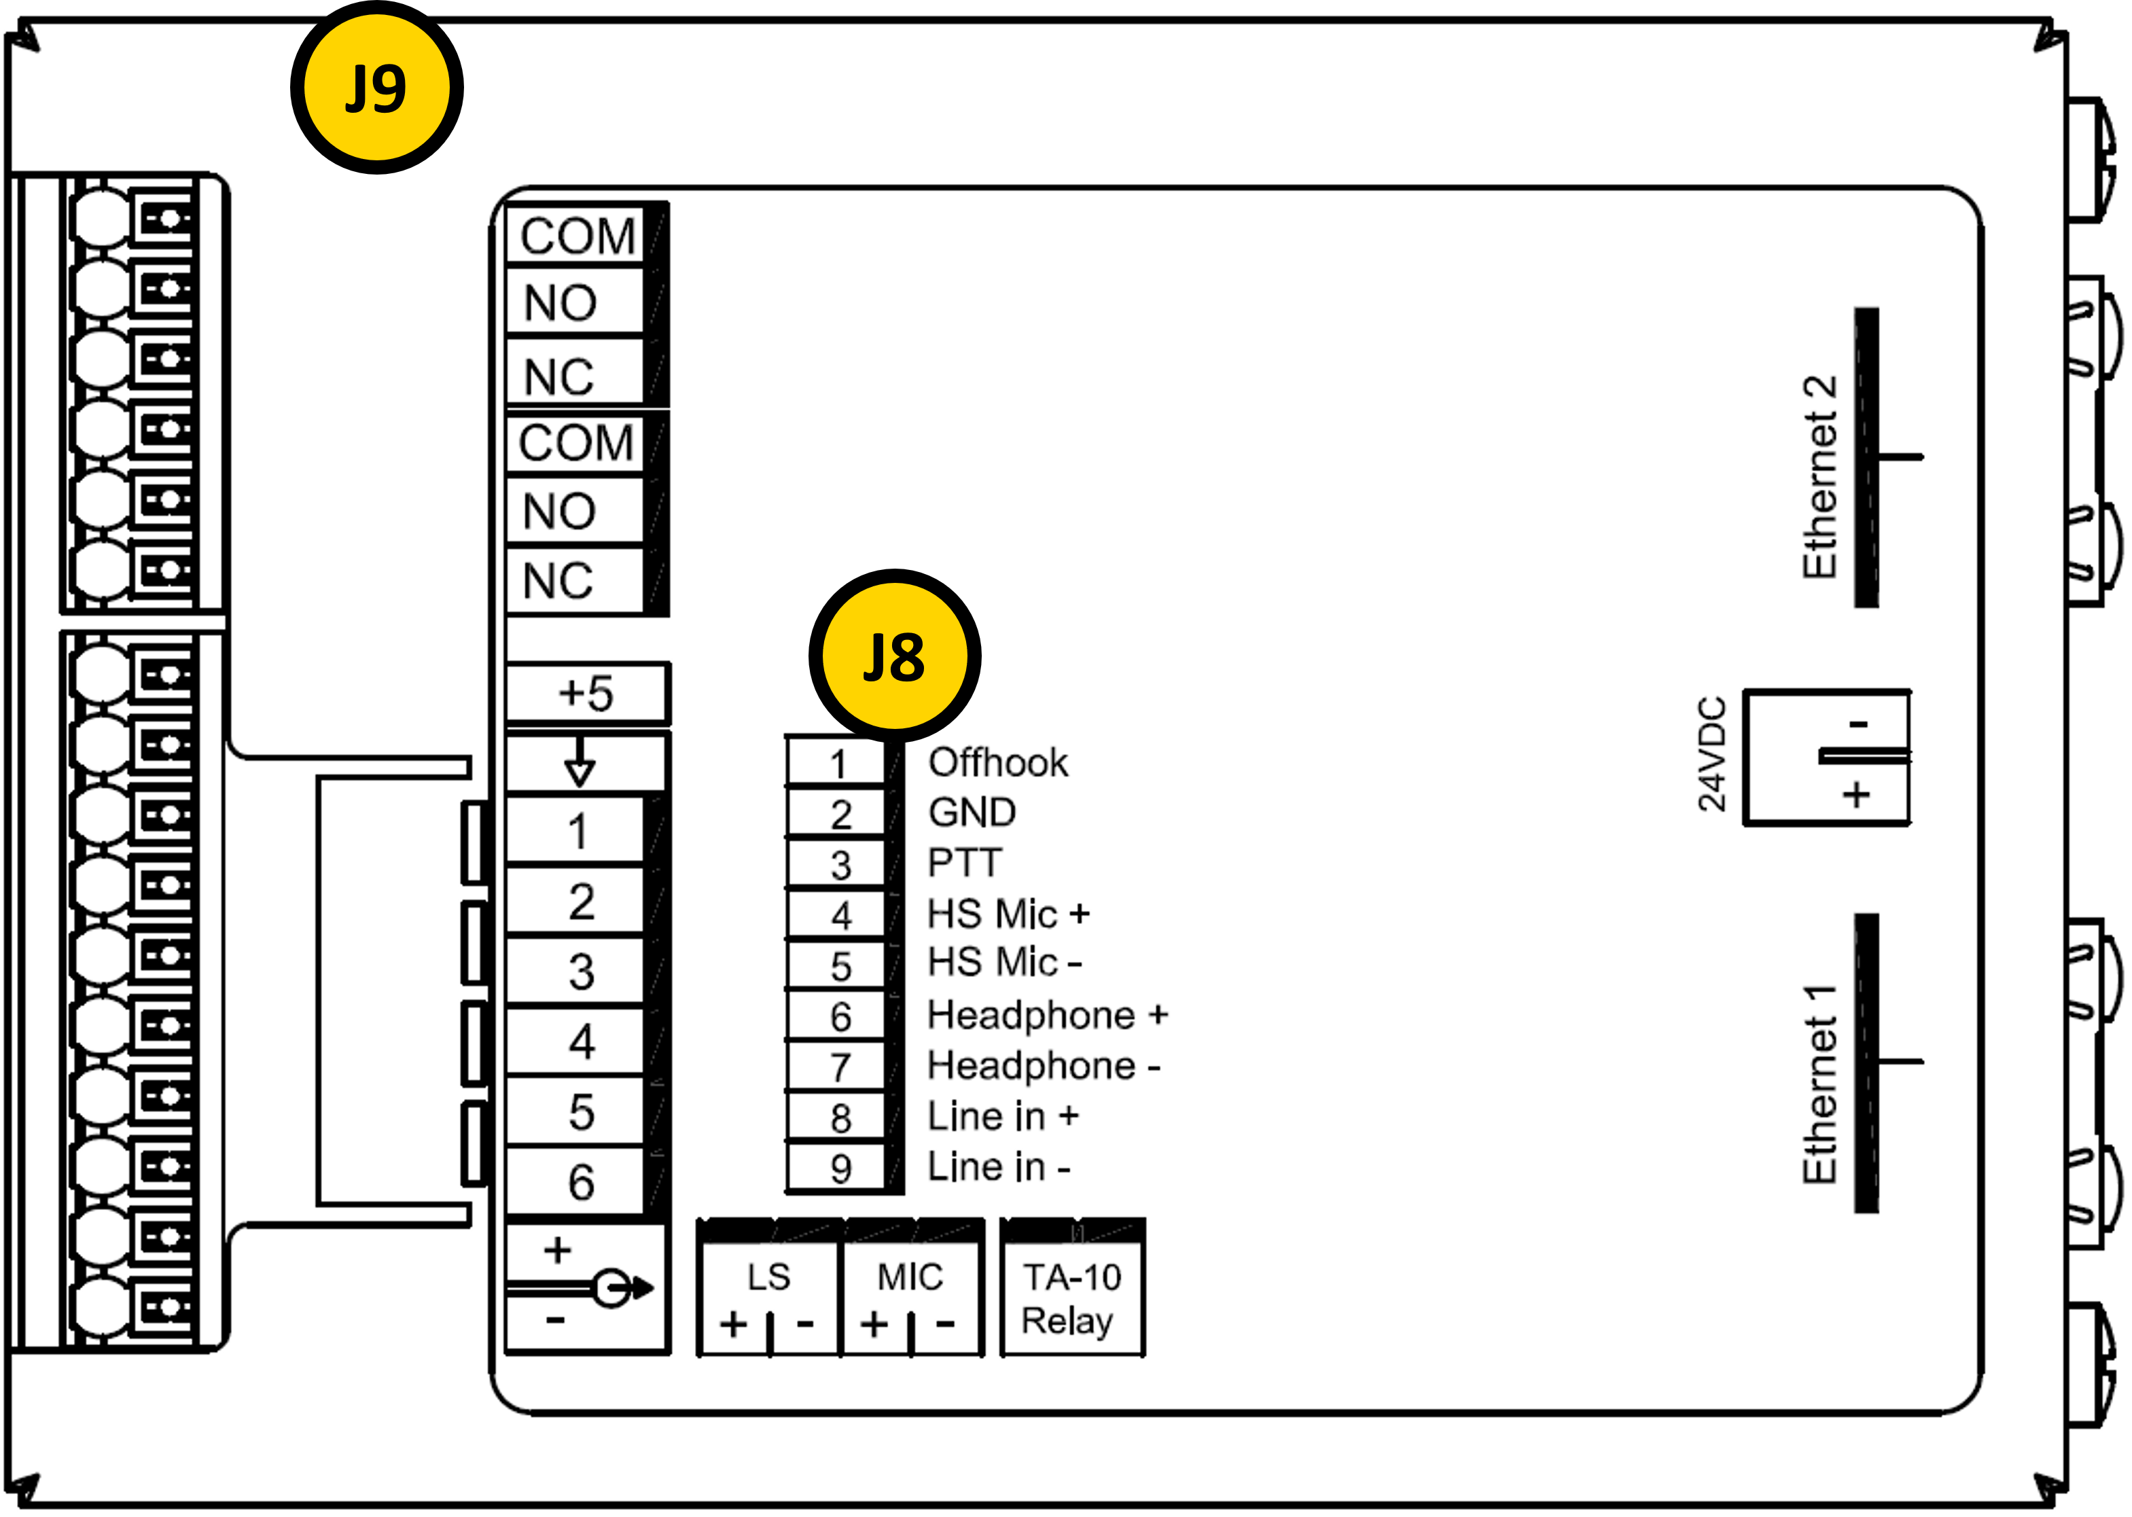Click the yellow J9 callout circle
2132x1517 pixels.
coord(376,88)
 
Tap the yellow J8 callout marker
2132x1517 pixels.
coord(894,656)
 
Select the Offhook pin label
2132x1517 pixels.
coord(997,762)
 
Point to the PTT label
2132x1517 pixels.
coord(964,862)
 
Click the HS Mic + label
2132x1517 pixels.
coord(1007,914)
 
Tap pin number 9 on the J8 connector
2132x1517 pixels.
coord(840,1168)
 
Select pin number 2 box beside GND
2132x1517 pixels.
coord(840,815)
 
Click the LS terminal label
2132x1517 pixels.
coord(768,1277)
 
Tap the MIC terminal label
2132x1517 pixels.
coord(909,1277)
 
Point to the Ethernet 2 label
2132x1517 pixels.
coord(1818,476)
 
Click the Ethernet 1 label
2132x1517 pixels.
coord(1818,1084)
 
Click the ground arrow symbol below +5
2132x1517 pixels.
coord(580,762)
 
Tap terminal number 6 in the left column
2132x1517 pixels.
coord(581,1181)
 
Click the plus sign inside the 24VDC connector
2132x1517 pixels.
coord(1855,795)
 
